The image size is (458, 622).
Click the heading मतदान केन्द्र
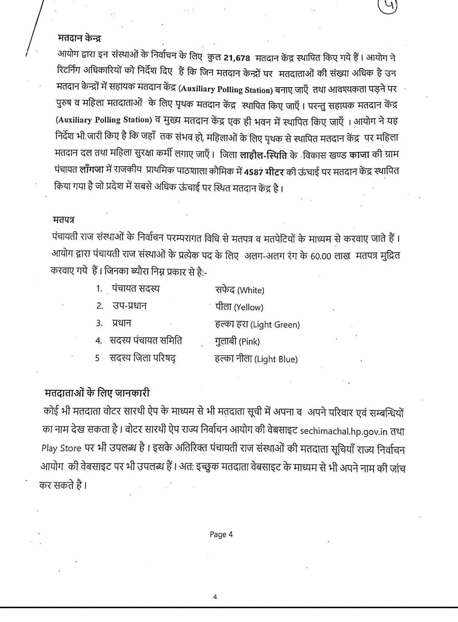click(79, 38)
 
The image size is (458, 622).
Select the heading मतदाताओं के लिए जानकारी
click(97, 392)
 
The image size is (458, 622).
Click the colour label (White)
click(251, 291)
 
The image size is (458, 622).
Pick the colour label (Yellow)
click(249, 308)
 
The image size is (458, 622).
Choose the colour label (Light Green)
click(275, 325)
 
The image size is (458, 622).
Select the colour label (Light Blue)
click(276, 359)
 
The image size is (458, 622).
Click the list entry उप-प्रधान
click(130, 306)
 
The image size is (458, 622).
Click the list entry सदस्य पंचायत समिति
click(146, 341)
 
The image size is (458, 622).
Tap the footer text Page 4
click(221, 535)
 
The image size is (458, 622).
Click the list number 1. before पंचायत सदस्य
click(99, 289)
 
